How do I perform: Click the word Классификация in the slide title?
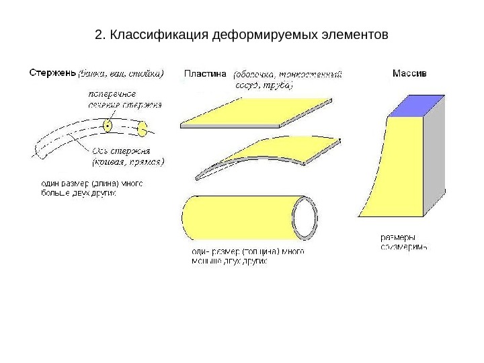(x=159, y=34)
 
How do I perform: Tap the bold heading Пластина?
(x=206, y=75)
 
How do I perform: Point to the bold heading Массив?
(x=408, y=74)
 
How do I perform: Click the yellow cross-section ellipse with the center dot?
(x=108, y=126)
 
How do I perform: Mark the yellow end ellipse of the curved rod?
(x=143, y=128)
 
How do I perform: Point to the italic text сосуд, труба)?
(x=262, y=87)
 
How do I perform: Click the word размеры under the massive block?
(x=397, y=237)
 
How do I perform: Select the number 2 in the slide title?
(x=99, y=34)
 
